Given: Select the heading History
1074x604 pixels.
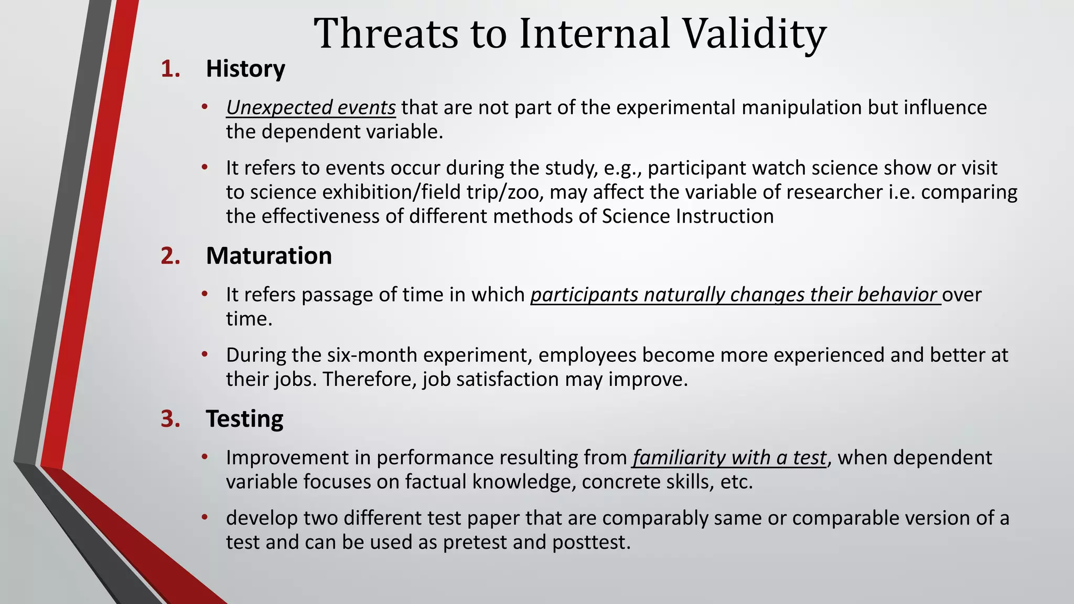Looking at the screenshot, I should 245,69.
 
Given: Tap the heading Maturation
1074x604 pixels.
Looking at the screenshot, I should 268,256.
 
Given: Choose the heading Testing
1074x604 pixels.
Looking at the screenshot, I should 244,419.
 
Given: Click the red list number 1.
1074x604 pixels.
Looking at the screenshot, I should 170,69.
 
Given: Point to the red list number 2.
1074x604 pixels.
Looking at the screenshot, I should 170,256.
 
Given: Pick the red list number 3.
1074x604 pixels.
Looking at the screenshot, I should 170,419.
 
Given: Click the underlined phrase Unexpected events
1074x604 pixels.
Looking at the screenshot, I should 310,107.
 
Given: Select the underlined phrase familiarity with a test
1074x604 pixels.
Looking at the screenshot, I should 729,458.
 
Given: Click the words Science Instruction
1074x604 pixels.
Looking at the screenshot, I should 688,217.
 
